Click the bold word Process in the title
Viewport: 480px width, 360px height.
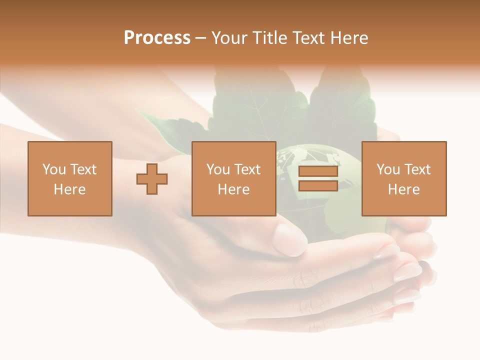pyautogui.click(x=157, y=38)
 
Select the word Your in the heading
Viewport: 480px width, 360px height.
pyautogui.click(x=228, y=38)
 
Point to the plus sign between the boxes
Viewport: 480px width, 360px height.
pyautogui.click(x=152, y=178)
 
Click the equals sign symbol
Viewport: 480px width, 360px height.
pyautogui.click(x=318, y=178)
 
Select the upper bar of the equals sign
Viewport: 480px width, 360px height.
pyautogui.click(x=318, y=171)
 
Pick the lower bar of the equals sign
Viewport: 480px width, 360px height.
pyautogui.click(x=318, y=185)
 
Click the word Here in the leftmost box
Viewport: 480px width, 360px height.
pyautogui.click(x=69, y=189)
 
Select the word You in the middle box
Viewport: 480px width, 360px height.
pyautogui.click(x=218, y=169)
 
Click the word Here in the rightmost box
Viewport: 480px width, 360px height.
pyautogui.click(x=403, y=189)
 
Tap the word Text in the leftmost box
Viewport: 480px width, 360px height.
pyautogui.click(x=83, y=169)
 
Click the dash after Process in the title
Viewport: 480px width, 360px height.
pyautogui.click(x=200, y=38)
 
